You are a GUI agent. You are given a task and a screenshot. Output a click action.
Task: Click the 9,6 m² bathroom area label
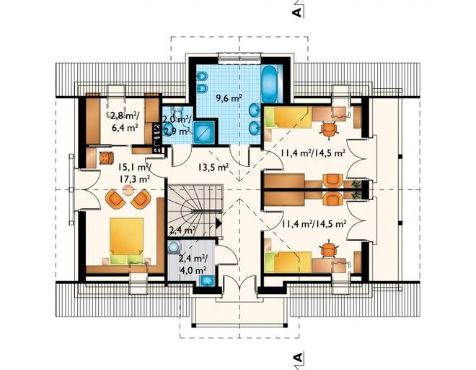[229, 98]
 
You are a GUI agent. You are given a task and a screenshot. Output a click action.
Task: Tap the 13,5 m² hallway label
[213, 167]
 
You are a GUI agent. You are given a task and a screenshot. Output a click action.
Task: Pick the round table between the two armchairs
[128, 191]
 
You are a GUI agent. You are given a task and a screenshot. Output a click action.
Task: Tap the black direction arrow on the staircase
[219, 223]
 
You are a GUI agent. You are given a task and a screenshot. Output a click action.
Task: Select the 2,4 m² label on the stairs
[182, 231]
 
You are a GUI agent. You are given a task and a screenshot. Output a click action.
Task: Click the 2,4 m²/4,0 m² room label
[193, 264]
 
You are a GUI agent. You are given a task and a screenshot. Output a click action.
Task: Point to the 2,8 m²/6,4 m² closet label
[125, 121]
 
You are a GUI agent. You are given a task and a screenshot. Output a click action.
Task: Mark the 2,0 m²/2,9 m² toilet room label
[177, 125]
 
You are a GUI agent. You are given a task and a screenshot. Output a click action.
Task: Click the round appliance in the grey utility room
[174, 246]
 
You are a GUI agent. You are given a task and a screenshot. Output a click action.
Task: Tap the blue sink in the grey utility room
[207, 281]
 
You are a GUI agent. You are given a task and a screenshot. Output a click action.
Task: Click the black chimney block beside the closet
[157, 137]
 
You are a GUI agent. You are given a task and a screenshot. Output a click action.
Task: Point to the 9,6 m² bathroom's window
[240, 59]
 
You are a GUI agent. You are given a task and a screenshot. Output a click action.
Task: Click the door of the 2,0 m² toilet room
[182, 156]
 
